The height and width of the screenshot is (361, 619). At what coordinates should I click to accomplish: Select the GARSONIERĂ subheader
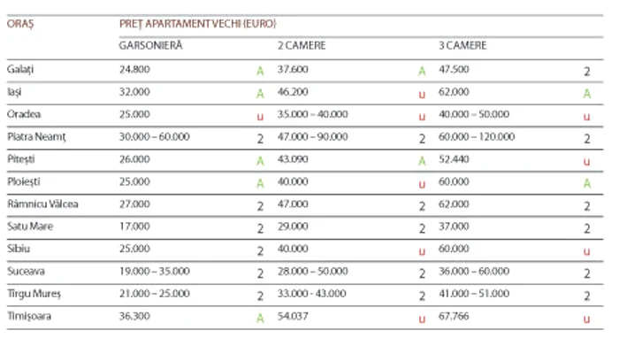pyautogui.click(x=150, y=45)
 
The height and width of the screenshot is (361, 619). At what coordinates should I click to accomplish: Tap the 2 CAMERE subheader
pyautogui.click(x=302, y=45)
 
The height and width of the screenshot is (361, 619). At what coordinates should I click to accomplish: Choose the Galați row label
pyautogui.click(x=20, y=68)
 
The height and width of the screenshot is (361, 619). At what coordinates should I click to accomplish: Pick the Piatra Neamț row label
pyautogui.click(x=36, y=136)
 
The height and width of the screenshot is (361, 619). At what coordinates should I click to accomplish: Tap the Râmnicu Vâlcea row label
pyautogui.click(x=42, y=204)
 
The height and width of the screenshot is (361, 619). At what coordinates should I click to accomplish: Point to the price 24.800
pyautogui.click(x=135, y=68)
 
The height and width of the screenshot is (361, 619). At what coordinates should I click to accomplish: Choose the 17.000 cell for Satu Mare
pyautogui.click(x=135, y=227)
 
